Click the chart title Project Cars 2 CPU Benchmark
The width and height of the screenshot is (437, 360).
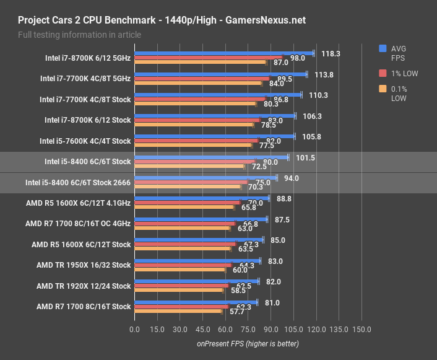tap(93, 20)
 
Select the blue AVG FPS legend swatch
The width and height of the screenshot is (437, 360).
tap(383, 48)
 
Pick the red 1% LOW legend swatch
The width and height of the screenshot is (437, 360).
tap(383, 73)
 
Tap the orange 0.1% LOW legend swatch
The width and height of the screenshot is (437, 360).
tap(383, 89)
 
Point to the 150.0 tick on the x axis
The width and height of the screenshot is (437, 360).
tap(361, 329)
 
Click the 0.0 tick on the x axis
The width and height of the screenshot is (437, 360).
tap(134, 329)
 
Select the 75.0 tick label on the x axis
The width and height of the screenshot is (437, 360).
tap(248, 329)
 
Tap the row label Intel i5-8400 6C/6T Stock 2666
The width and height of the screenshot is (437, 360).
tap(78, 183)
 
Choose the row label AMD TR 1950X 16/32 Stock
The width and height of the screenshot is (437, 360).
tap(84, 265)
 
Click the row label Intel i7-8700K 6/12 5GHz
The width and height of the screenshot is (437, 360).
tap(88, 59)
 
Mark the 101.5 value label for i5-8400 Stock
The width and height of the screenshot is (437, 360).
tap(306, 158)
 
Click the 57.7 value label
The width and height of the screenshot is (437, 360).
tap(237, 311)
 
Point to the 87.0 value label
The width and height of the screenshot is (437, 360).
tap(281, 63)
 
